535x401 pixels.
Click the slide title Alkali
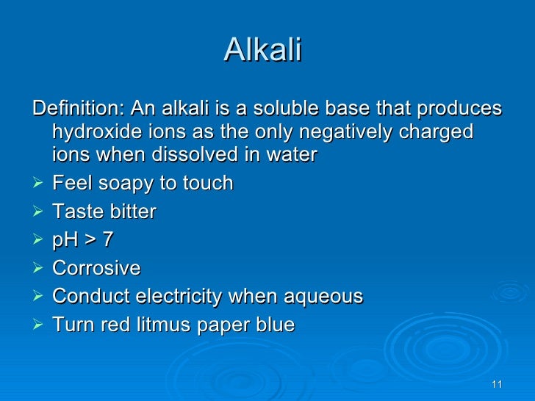(262, 50)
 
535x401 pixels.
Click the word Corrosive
(96, 268)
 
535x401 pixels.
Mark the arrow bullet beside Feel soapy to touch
(39, 184)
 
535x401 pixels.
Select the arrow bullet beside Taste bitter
(39, 212)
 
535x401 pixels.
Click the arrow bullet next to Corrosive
(39, 269)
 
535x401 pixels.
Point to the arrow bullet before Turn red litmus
(39, 325)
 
